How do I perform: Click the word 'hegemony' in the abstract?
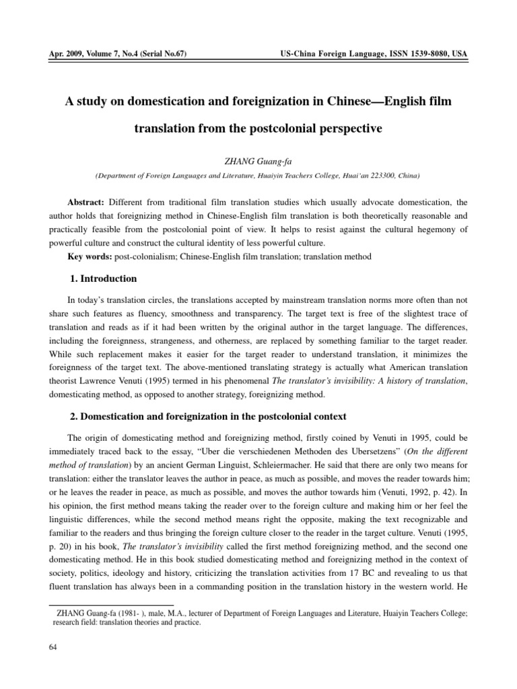pos(428,229)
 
